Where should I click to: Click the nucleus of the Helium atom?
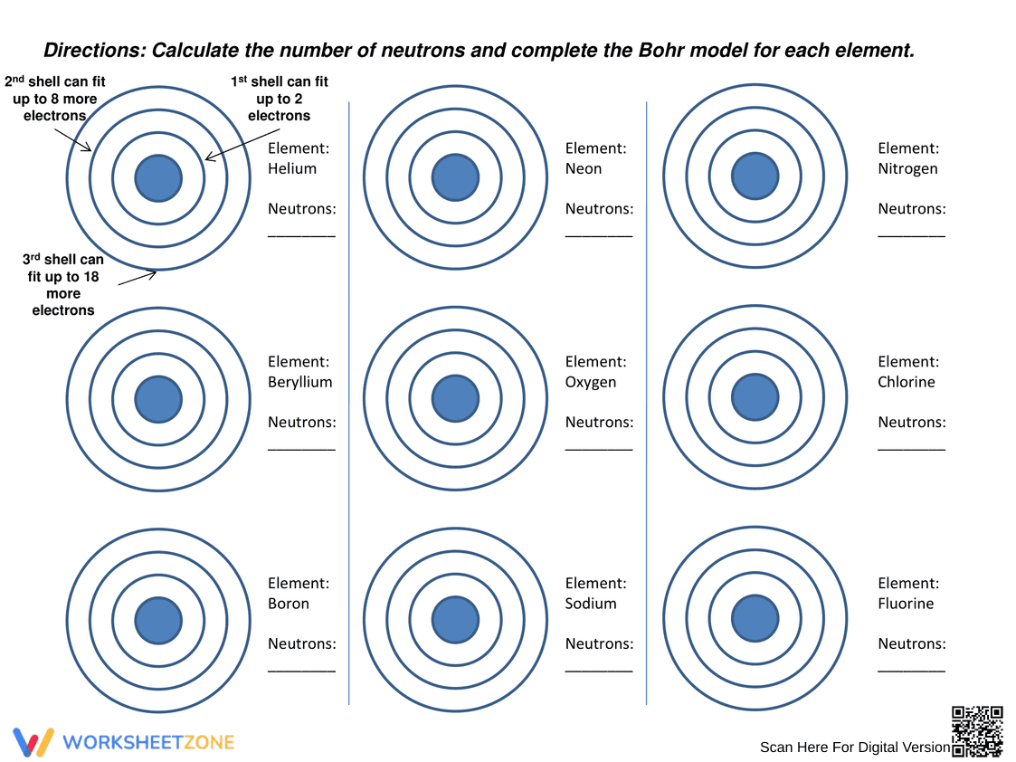pyautogui.click(x=158, y=178)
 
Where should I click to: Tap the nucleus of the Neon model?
pyautogui.click(x=455, y=177)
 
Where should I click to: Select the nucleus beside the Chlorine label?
pyautogui.click(x=755, y=396)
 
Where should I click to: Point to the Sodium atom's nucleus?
pyautogui.click(x=455, y=620)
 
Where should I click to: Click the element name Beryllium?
pyautogui.click(x=300, y=382)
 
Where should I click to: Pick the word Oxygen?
pyautogui.click(x=590, y=382)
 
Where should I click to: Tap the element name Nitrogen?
pyautogui.click(x=907, y=169)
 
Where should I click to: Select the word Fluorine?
pyautogui.click(x=906, y=604)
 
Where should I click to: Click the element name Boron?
pyautogui.click(x=289, y=604)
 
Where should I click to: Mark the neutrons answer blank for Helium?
pyautogui.click(x=301, y=236)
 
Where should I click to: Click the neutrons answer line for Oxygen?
pyautogui.click(x=599, y=449)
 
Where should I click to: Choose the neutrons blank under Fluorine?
pyautogui.click(x=912, y=671)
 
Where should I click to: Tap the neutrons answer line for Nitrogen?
pyautogui.click(x=912, y=236)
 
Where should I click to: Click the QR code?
pyautogui.click(x=977, y=731)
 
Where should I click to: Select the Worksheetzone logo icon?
pyautogui.click(x=33, y=743)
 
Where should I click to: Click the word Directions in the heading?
pyautogui.click(x=95, y=51)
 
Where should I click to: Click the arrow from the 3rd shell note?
pyautogui.click(x=138, y=279)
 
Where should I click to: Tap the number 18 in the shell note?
pyautogui.click(x=90, y=277)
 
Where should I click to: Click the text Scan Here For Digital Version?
pyautogui.click(x=855, y=748)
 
